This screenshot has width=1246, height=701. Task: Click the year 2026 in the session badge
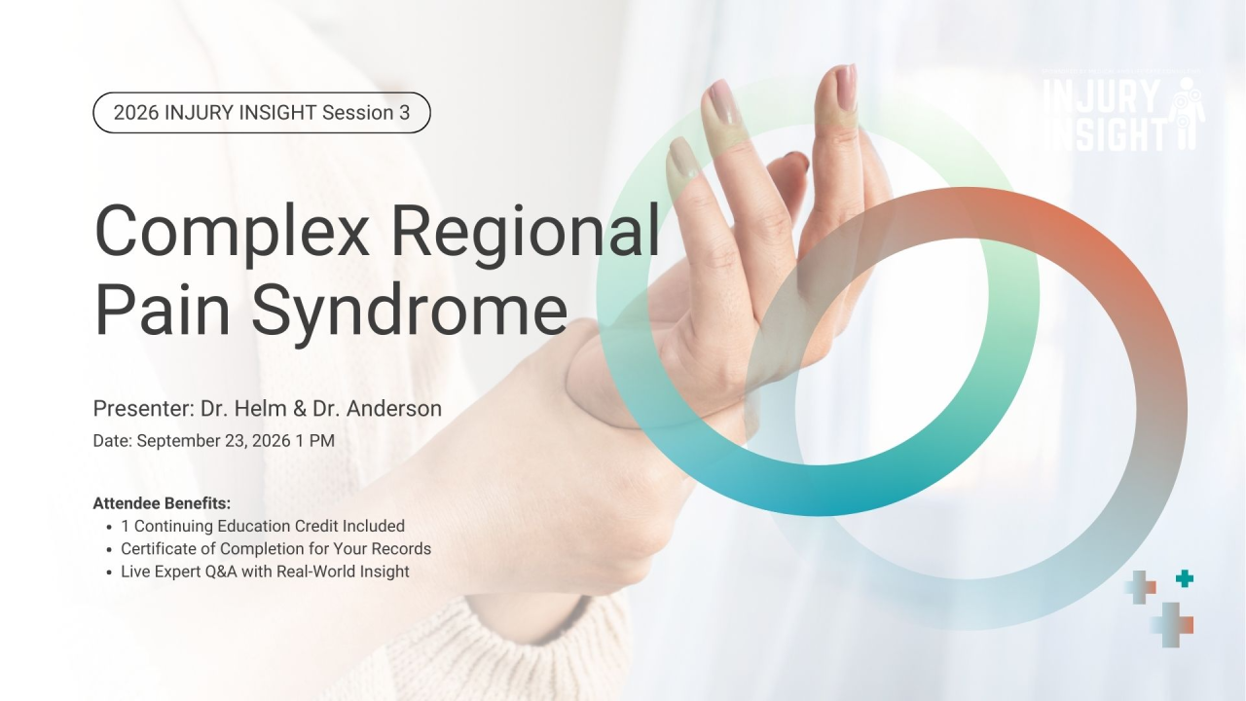[x=136, y=113]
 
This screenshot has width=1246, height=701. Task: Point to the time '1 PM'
[x=315, y=441]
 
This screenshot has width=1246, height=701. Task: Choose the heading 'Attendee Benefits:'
[x=162, y=503]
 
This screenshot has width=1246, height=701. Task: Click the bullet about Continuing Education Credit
[x=262, y=526]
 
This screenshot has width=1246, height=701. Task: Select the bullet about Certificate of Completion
[x=275, y=549]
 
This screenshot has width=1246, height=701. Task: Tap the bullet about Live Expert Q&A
[x=265, y=572]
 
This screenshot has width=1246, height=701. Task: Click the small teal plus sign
[x=1185, y=579]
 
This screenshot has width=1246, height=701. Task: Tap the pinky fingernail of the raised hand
[x=680, y=155]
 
